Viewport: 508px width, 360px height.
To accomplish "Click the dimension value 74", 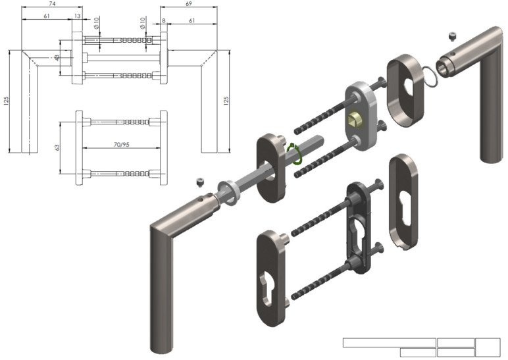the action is [51, 4].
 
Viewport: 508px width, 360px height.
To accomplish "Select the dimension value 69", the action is [189, 4].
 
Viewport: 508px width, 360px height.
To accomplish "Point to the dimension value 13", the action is [78, 16].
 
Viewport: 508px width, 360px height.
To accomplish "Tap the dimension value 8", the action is [164, 21].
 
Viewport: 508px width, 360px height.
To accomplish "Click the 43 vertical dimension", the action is [57, 58].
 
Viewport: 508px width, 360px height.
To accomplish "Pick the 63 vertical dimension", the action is [57, 147].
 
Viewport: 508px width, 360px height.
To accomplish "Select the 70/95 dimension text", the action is [122, 145].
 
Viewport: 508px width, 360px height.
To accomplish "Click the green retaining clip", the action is [295, 153].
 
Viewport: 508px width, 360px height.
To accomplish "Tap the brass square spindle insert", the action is [354, 120].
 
